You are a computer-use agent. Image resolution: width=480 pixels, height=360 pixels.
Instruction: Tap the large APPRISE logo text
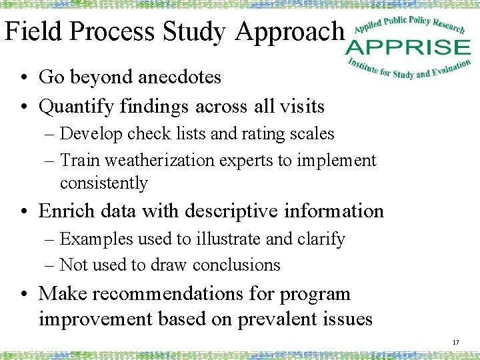point(408,47)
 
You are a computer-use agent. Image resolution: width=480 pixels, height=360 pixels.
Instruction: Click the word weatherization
point(150,161)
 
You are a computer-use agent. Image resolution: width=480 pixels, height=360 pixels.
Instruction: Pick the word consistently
point(103,183)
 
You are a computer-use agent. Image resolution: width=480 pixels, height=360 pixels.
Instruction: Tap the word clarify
point(322,239)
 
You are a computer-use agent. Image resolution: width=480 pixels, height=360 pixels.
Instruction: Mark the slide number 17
point(455,343)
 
